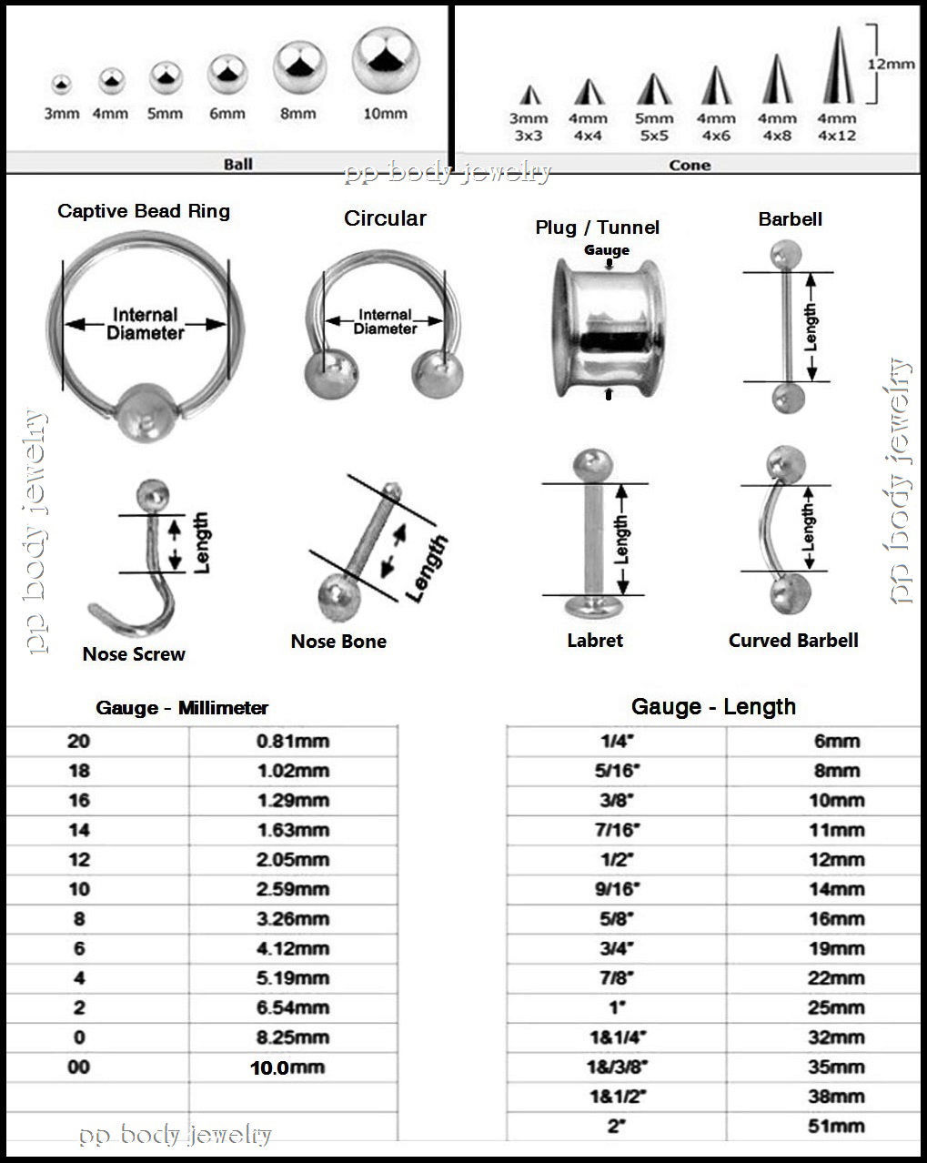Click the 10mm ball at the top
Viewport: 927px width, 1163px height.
(x=386, y=60)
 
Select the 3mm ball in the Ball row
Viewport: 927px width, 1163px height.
(x=61, y=85)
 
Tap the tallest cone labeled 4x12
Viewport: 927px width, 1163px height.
(x=836, y=67)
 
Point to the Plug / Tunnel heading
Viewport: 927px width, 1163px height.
(x=597, y=228)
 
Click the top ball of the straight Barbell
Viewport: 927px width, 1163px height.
(x=782, y=254)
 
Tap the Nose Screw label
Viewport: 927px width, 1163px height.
(x=134, y=653)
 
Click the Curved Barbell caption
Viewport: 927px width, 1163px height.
(x=793, y=640)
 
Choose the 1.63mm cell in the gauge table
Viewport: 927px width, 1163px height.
(x=292, y=830)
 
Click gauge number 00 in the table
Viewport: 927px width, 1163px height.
(x=79, y=1067)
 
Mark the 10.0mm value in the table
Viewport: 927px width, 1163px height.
(x=287, y=1067)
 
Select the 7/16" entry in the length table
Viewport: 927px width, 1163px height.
(x=617, y=830)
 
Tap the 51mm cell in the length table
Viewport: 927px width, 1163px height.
(x=836, y=1127)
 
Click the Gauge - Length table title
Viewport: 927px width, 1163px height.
(x=713, y=707)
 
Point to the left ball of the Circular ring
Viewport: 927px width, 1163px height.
(x=323, y=374)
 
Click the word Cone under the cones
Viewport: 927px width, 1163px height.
(x=690, y=165)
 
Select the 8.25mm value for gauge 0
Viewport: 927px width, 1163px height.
(x=292, y=1037)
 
